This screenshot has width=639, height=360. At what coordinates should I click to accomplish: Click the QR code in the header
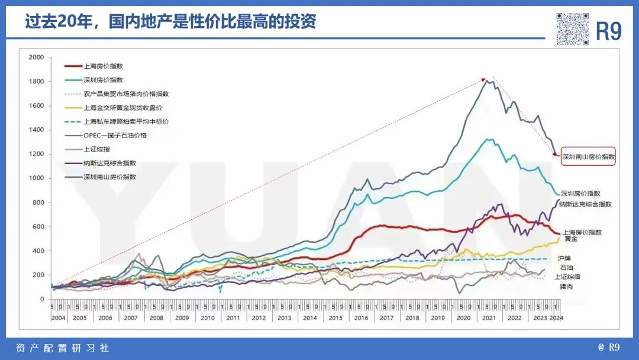572,28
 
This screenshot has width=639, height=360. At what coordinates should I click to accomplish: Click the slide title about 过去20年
170,22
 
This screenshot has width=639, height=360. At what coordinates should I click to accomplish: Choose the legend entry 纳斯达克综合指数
109,163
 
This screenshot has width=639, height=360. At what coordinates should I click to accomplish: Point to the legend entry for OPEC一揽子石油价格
115,136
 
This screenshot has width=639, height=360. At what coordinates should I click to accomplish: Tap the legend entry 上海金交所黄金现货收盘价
122,108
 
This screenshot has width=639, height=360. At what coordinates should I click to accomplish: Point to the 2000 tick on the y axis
37,57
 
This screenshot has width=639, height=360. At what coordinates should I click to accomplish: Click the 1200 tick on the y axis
37,154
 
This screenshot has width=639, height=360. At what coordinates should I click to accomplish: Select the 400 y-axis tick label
38,251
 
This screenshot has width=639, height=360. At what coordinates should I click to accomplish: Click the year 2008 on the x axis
157,318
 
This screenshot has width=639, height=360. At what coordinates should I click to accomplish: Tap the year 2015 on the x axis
335,318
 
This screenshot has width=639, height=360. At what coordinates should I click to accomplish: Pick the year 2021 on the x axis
489,318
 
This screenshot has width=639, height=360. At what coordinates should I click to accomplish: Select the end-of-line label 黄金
571,239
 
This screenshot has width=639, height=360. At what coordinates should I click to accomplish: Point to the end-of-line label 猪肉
567,287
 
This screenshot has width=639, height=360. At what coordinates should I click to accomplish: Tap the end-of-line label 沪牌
564,259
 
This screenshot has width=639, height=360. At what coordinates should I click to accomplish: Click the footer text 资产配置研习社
62,348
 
